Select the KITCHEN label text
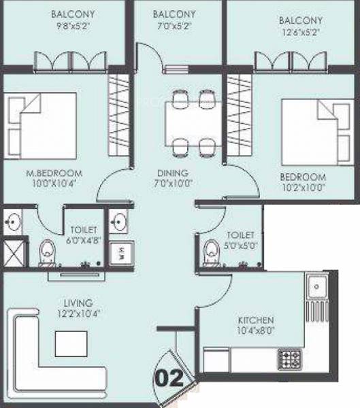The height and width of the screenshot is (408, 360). point(255,320)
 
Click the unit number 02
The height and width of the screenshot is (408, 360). point(170,378)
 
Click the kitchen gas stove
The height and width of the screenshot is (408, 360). point(290,358)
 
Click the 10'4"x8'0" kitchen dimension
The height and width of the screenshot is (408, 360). point(255,330)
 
